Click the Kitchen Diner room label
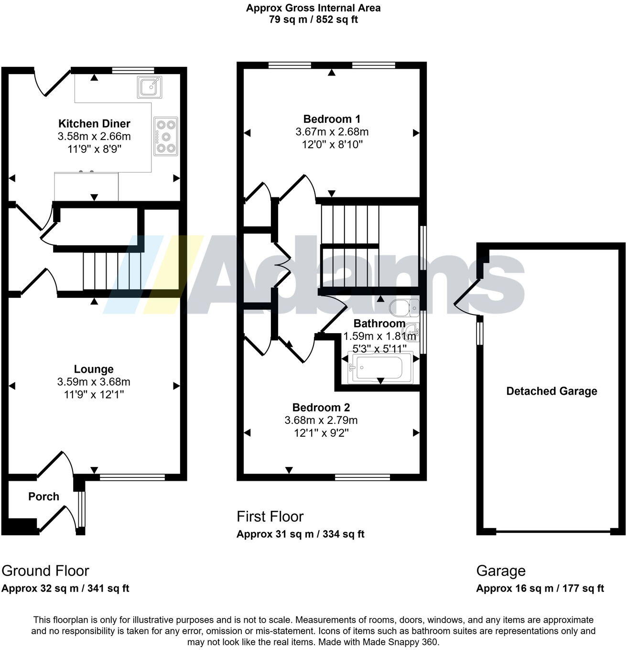pos(94,124)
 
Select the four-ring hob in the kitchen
pos(166,136)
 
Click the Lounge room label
pos(94,369)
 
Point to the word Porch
pos(43,497)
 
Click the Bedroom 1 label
pos(332,119)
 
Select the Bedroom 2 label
pos(321,408)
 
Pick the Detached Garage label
pos(551,391)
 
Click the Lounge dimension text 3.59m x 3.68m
pos(94,382)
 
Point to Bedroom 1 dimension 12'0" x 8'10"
pos(332,144)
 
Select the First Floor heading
pos(270,517)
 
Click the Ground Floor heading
pos(45,571)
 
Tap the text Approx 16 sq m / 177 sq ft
pos(540,588)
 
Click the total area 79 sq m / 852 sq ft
pos(313,20)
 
